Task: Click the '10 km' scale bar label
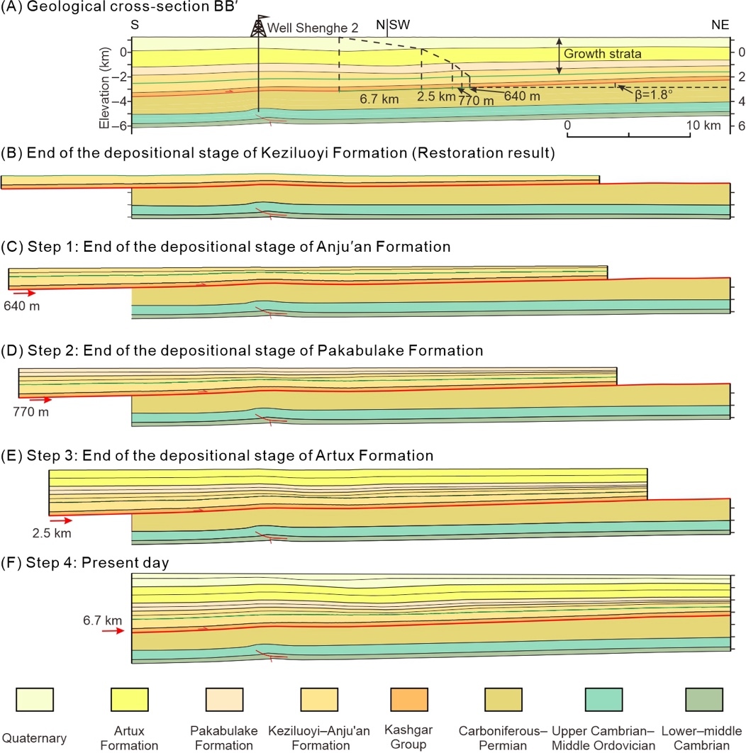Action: click(x=706, y=125)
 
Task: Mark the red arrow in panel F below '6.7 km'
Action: click(x=113, y=630)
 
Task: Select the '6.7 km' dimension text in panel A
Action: click(x=377, y=99)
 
